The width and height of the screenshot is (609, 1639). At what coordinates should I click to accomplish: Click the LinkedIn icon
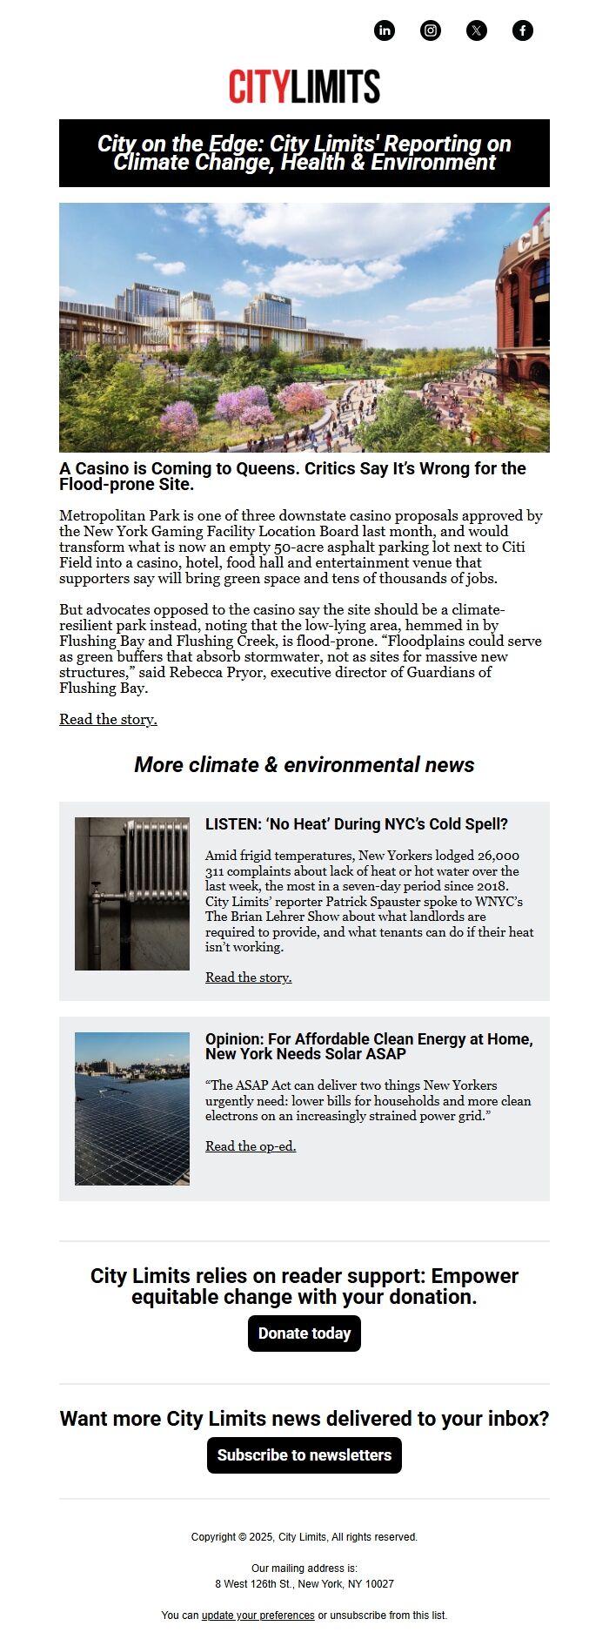coord(385,30)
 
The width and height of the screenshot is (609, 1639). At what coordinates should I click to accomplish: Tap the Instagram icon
coord(431,30)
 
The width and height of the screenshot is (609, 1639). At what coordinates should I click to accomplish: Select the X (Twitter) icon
coord(477,30)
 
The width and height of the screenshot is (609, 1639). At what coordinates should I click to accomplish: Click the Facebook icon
coord(523,30)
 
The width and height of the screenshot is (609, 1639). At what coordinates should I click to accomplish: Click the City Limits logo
coord(304,87)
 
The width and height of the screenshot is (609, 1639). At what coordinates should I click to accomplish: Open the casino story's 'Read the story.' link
coord(108,720)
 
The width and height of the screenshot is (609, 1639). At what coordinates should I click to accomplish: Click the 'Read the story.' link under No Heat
coord(248,977)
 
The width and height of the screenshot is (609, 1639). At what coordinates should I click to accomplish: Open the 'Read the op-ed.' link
coord(251,1146)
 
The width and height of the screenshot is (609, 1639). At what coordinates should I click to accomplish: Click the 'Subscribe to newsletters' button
coord(304,1455)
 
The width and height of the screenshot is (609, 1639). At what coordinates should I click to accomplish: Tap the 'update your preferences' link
coord(258,1615)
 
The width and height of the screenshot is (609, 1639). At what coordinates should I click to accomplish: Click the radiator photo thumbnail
coord(132,894)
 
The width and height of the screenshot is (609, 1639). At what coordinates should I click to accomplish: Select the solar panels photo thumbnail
coord(132,1109)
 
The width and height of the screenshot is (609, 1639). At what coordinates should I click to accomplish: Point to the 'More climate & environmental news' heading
coord(304,765)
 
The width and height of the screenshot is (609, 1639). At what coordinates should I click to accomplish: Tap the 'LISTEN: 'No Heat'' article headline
coord(356,824)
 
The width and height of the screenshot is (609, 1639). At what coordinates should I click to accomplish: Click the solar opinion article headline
coord(369,1046)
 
